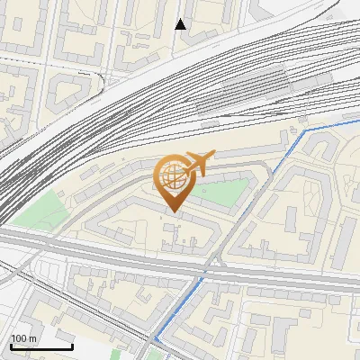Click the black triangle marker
tap(181, 24)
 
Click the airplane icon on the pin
tap(196, 163)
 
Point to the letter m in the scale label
tap(33, 338)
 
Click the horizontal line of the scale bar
tap(41, 346)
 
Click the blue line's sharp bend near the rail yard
tap(304, 130)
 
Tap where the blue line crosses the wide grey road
tap(204, 271)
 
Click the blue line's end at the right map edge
tap(357, 119)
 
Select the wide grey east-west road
tap(108, 247)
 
